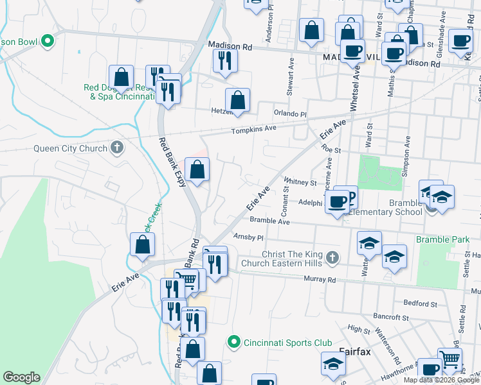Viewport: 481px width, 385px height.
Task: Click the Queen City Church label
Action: click(70, 149)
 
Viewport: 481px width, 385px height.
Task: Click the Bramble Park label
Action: click(442, 239)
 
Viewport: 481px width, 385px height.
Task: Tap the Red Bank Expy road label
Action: click(172, 162)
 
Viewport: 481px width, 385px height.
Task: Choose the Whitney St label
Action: click(300, 182)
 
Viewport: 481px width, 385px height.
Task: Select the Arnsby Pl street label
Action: click(249, 236)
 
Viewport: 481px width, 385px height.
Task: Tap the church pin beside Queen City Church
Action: click(116, 148)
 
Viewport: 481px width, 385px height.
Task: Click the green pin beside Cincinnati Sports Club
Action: click(235, 341)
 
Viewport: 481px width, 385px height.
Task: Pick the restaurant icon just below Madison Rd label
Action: click(224, 60)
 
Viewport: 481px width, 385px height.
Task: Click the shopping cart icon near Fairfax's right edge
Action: click(449, 359)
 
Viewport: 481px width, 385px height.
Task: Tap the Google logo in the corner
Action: click(21, 377)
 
